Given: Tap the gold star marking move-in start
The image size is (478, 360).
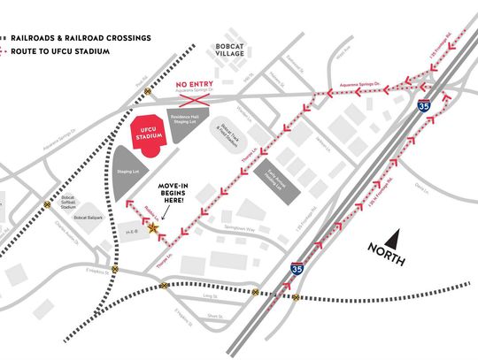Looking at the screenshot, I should (x=154, y=228).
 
